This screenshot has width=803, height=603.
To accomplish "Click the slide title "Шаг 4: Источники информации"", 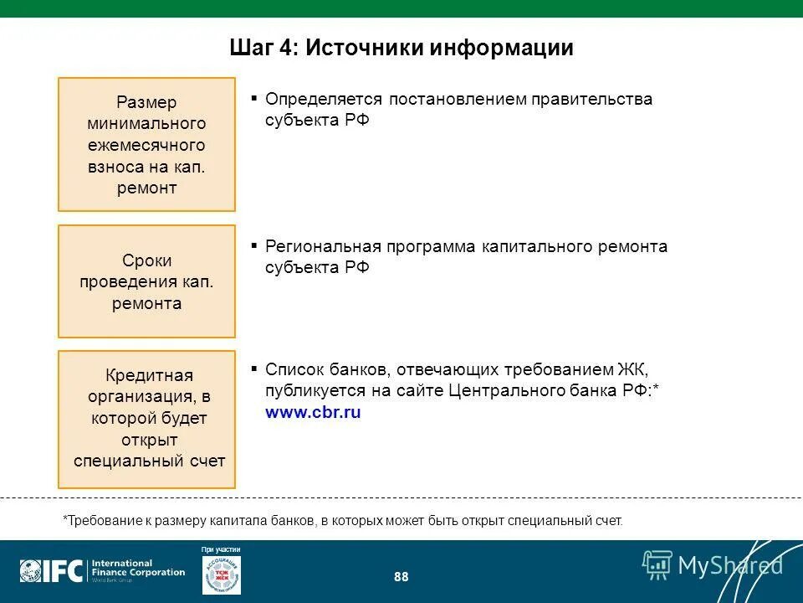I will click(x=401, y=48).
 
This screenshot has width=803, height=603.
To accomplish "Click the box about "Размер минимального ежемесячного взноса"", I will click(x=146, y=144).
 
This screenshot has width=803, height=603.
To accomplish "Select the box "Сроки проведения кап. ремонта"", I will click(x=146, y=281).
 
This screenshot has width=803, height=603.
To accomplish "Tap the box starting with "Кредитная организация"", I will click(x=146, y=419).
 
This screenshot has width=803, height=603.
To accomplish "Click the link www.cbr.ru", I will click(x=313, y=412).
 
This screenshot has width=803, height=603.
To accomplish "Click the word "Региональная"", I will click(x=322, y=247).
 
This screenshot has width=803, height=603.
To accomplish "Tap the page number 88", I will click(x=401, y=577).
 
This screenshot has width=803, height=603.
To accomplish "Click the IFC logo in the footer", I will click(x=52, y=571).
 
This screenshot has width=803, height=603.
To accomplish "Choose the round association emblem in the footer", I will click(x=221, y=575).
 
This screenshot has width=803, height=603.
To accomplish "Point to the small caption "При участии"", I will click(x=221, y=549).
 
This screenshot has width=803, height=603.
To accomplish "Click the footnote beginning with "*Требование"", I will click(x=343, y=520).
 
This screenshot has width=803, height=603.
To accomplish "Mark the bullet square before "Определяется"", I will click(x=253, y=98).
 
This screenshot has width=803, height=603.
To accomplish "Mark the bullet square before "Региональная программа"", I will click(x=253, y=246).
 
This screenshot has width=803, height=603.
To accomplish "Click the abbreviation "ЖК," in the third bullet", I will click(x=633, y=369).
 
